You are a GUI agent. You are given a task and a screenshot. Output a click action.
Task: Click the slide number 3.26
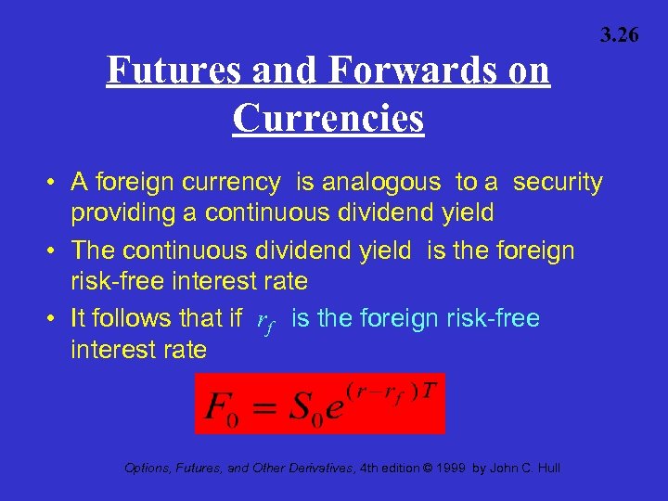619,36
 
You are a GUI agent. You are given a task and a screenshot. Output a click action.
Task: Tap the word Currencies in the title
328,119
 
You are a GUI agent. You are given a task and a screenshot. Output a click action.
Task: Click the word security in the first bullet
558,183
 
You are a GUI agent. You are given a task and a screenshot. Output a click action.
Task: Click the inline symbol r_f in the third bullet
266,321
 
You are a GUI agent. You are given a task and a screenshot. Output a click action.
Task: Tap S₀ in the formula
315,407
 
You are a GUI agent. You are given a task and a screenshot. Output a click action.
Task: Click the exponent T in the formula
430,388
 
